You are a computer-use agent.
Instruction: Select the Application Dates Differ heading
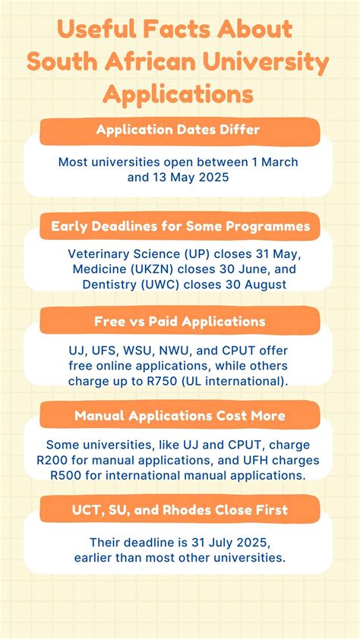[178, 130]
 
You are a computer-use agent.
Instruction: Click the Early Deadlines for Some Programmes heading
[180, 225]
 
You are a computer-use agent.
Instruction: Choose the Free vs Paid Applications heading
[180, 321]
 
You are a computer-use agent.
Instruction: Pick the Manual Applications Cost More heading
[180, 415]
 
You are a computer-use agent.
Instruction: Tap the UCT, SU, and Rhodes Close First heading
[180, 510]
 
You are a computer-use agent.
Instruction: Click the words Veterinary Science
[118, 254]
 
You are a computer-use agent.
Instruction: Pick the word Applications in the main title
[178, 94]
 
